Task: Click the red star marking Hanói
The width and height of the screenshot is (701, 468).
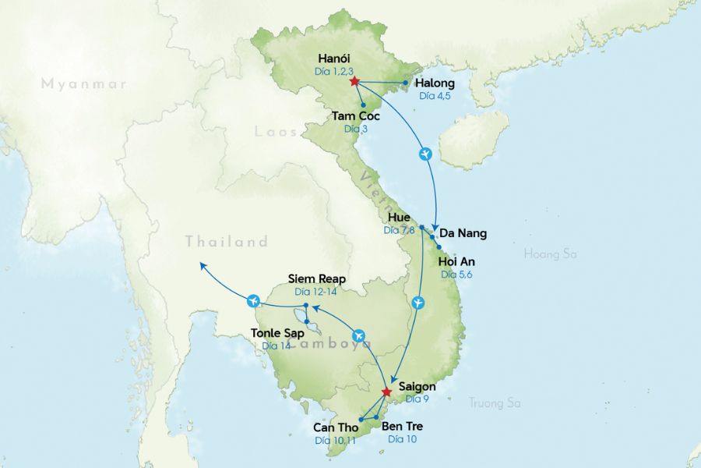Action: tap(354, 81)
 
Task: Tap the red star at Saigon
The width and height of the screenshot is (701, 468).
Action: tap(386, 392)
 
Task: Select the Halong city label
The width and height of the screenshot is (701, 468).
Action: tap(435, 83)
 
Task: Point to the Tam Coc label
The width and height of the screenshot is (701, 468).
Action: tap(355, 116)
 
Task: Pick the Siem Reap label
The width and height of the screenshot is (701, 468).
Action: tap(316, 278)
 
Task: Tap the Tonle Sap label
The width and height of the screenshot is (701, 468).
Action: tap(277, 333)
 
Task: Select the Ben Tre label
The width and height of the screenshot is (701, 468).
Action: tap(402, 427)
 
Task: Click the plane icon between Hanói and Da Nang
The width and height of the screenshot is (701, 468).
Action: tap(425, 154)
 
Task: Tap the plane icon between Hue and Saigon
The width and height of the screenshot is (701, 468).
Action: tap(419, 302)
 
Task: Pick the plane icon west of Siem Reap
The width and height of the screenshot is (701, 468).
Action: tap(252, 300)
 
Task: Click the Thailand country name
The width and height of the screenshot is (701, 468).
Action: tap(226, 242)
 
